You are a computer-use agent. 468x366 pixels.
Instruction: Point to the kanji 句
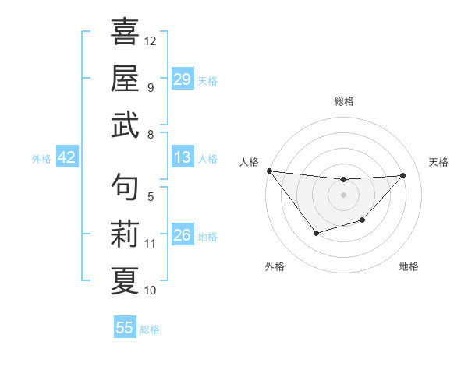pyautogui.click(x=125, y=188)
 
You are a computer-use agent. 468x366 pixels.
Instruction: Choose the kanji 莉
pyautogui.click(x=125, y=234)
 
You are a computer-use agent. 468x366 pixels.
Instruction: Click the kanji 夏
pyautogui.click(x=125, y=281)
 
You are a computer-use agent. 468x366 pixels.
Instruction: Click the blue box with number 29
pyautogui.click(x=183, y=79)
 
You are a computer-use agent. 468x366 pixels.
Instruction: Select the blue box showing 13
pyautogui.click(x=183, y=158)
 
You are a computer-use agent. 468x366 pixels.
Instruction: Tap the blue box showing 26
pyautogui.click(x=183, y=235)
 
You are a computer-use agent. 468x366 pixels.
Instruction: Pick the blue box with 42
pyautogui.click(x=67, y=158)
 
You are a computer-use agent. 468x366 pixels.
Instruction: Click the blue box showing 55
pyautogui.click(x=125, y=328)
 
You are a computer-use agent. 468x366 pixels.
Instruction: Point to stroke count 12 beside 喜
pyautogui.click(x=151, y=40)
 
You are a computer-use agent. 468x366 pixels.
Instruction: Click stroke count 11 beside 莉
pyautogui.click(x=151, y=243)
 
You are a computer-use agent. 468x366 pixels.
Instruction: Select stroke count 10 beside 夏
pyautogui.click(x=151, y=290)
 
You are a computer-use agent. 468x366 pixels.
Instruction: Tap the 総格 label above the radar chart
pyautogui.click(x=343, y=101)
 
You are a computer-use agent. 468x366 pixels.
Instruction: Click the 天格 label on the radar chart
pyautogui.click(x=439, y=162)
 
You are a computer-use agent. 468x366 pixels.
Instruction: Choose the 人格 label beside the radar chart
pyautogui.click(x=249, y=162)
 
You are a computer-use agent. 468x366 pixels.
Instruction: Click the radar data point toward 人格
pyautogui.click(x=269, y=171)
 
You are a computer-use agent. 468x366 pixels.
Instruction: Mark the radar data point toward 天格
pyautogui.click(x=402, y=175)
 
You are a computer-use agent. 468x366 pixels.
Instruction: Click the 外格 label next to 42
pyautogui.click(x=41, y=159)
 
